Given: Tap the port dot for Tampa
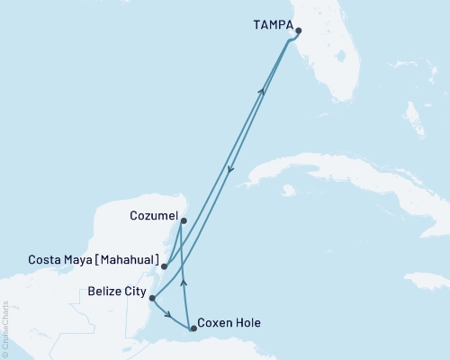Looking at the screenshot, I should (x=298, y=31).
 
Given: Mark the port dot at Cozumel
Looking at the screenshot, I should (x=183, y=220).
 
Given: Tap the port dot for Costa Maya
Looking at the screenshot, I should (x=164, y=266).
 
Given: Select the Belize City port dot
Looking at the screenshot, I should (x=152, y=298).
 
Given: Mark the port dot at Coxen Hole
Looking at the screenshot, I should (x=193, y=328).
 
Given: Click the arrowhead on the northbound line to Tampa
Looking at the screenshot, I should (x=262, y=90).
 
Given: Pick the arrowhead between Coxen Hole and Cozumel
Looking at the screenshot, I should (x=184, y=282).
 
